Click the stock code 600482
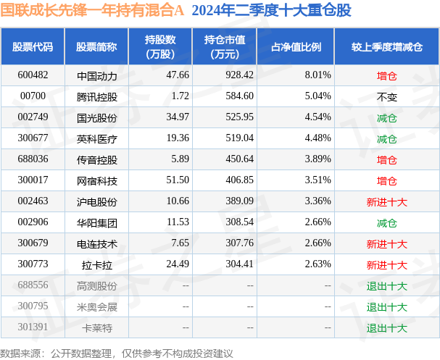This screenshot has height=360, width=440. pyautogui.click(x=33, y=75)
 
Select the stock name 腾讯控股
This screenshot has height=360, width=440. pyautogui.click(x=96, y=96)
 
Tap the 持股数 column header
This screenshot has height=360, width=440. pyautogui.click(x=160, y=46)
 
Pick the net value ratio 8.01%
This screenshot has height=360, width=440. pyautogui.click(x=317, y=75)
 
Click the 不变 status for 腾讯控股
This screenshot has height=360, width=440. pyautogui.click(x=386, y=96)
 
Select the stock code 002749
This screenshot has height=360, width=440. pyautogui.click(x=33, y=117)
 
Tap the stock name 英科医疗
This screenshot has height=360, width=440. pyautogui.click(x=96, y=138)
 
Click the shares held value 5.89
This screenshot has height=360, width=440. pyautogui.click(x=179, y=159)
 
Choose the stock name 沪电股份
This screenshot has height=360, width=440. pyautogui.click(x=96, y=201)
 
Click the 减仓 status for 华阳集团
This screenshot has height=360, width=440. pyautogui.click(x=386, y=223)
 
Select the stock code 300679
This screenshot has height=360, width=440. pyautogui.click(x=33, y=244)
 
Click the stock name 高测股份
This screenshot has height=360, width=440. pyautogui.click(x=96, y=286)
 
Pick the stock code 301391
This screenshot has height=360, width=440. pyautogui.click(x=33, y=327)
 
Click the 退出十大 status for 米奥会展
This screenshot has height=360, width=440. pyautogui.click(x=386, y=306)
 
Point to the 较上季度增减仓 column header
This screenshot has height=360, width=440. pyautogui.click(x=386, y=46)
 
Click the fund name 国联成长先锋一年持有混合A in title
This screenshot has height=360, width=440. pyautogui.click(x=92, y=12)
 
